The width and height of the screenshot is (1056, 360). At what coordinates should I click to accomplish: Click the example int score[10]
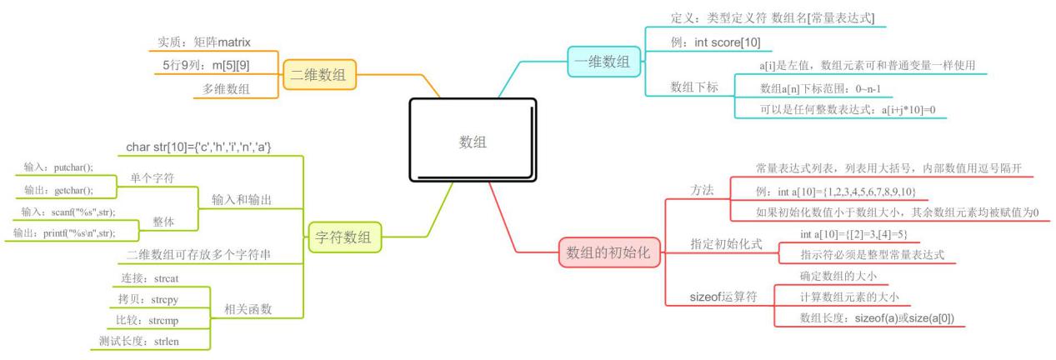click(x=715, y=42)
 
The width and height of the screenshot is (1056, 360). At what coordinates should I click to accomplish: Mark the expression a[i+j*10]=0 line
click(x=843, y=110)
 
